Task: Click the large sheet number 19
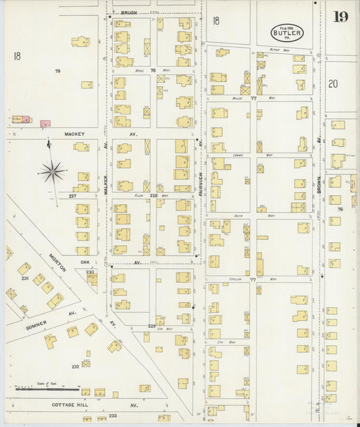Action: tap(339, 16)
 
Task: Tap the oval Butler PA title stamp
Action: tap(287, 32)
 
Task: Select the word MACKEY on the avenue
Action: tap(74, 134)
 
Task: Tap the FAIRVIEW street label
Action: tap(201, 183)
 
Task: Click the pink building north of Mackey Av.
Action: tap(45, 124)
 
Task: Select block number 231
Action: tap(25, 278)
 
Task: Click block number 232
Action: tap(76, 366)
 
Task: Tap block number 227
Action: tap(72, 195)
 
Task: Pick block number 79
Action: tap(58, 70)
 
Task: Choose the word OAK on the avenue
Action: tap(85, 263)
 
